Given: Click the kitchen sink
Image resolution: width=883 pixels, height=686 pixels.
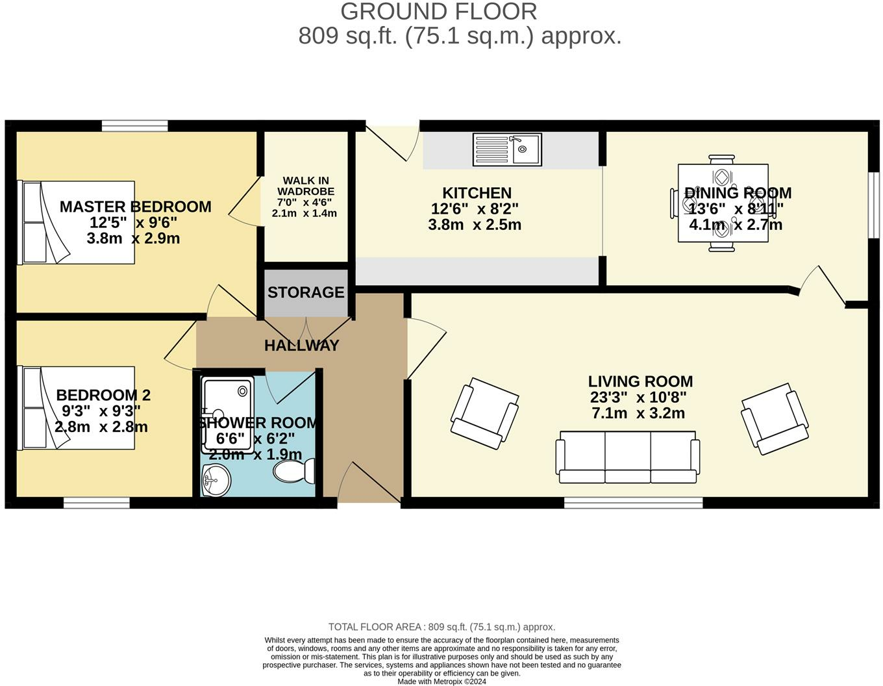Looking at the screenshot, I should point(507,150).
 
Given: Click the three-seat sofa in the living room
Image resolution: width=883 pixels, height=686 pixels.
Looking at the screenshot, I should point(627,458).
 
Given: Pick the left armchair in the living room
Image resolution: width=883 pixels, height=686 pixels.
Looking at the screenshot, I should point(484,413).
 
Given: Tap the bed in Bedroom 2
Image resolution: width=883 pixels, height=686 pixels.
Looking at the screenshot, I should point(78,407).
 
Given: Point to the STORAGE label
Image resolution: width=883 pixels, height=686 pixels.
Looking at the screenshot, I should point(306,292).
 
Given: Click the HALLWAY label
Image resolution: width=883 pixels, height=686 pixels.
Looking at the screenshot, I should point(302,346).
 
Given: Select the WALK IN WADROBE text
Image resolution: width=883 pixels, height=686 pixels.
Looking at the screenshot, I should point(305,186).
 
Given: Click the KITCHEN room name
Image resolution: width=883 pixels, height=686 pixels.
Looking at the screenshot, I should point(477,193).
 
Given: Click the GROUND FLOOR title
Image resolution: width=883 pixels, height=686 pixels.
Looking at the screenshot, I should point(439,12).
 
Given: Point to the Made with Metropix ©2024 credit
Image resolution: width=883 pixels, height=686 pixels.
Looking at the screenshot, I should point(441,681).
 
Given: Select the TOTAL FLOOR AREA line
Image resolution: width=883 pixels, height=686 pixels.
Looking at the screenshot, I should point(441,627).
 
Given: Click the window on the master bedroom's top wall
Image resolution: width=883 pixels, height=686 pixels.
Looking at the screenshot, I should point(135,126).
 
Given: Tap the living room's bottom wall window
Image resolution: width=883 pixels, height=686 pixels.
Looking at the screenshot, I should point(633,502).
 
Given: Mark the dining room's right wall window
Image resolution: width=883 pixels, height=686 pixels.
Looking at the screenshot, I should point(874,205).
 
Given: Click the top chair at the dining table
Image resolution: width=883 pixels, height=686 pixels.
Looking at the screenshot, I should point(722,159).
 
